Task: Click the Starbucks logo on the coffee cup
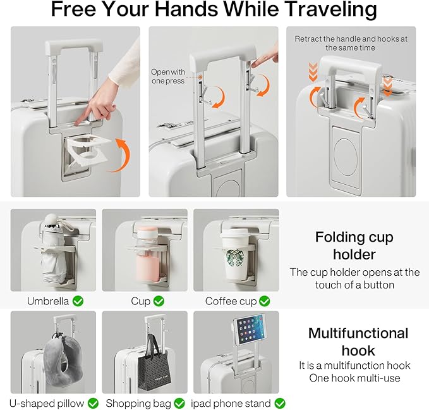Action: tap(235, 258)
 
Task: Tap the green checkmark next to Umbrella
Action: tap(78, 301)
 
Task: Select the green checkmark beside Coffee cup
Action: tap(264, 301)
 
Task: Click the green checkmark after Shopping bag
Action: tap(179, 403)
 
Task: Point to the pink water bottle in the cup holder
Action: tap(147, 255)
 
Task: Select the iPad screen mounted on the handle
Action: tap(250, 329)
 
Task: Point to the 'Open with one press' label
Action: tap(168, 76)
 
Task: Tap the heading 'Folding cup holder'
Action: tap(354, 245)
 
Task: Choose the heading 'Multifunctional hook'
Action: tap(358, 342)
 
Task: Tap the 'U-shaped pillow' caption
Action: tap(47, 403)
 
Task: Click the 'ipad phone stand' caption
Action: tap(231, 403)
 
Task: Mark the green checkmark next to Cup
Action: tap(159, 301)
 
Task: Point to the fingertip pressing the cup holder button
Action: tap(78, 122)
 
